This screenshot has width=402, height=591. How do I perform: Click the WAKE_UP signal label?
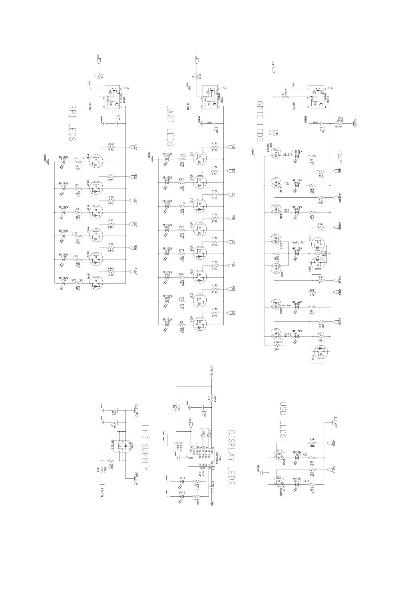coord(298,243)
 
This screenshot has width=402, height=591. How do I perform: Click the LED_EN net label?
coord(102,491)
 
